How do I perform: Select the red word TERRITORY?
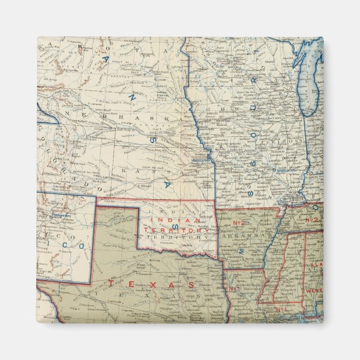177,230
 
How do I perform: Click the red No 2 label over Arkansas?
240,223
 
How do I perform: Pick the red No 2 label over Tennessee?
311,220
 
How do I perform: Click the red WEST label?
311,291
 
